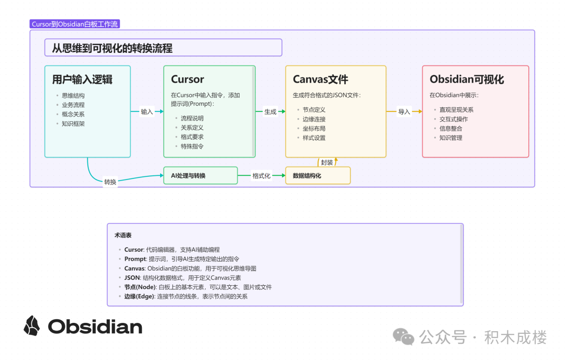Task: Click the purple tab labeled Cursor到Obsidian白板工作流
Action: [75, 25]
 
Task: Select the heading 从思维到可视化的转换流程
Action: [112, 48]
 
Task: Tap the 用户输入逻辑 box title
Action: [82, 80]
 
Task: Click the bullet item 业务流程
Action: [73, 105]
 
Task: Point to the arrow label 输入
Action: [147, 111]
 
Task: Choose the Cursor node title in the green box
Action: [187, 80]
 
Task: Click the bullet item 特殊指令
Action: [192, 147]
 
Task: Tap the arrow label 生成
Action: [270, 111]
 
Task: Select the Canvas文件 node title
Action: [320, 80]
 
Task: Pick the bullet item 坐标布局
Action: [314, 128]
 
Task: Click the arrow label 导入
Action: [404, 111]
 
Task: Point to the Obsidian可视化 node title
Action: [467, 80]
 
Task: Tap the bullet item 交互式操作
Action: [454, 119]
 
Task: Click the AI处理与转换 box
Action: [200, 176]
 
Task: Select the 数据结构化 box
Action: [318, 176]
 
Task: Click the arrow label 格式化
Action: [262, 176]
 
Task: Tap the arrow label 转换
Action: [110, 182]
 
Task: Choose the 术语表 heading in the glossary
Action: [123, 235]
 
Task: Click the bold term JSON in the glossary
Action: [132, 278]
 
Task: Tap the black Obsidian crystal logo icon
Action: [32, 325]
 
